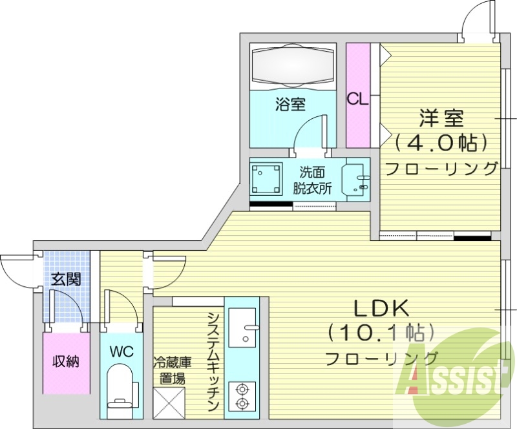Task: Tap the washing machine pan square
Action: click(x=267, y=177)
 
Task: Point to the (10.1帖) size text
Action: click(x=379, y=333)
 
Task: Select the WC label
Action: click(x=121, y=351)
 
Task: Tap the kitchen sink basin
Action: click(x=242, y=326)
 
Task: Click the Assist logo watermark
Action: click(x=452, y=375)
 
